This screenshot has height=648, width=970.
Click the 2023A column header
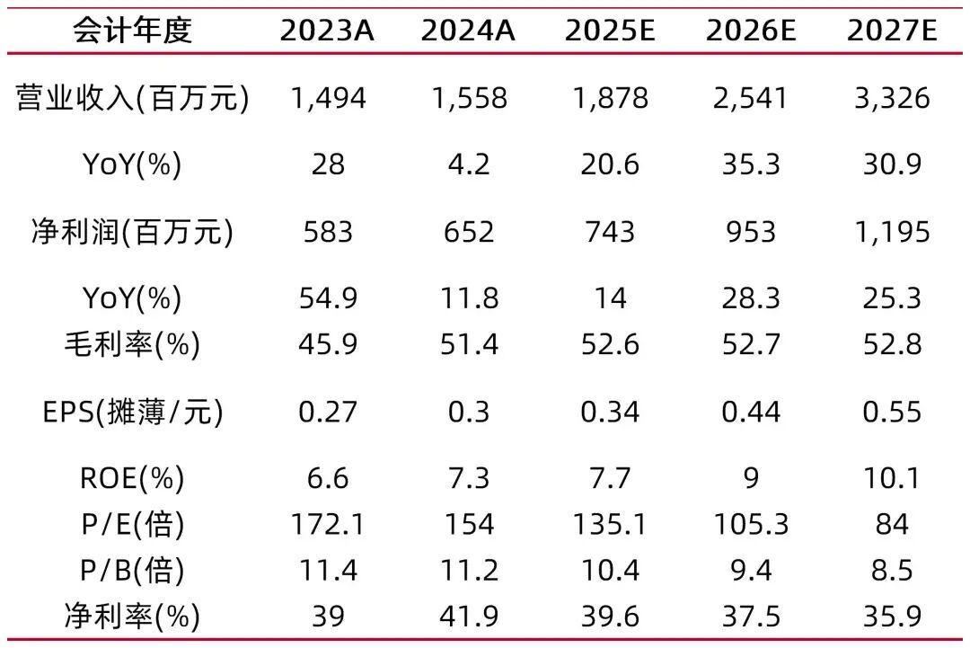coord(328,31)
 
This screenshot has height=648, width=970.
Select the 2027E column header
coord(892,31)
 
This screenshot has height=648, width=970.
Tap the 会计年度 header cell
coord(132,31)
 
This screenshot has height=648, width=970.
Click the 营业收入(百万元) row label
coord(132,98)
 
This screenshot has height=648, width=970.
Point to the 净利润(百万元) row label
coord(132,232)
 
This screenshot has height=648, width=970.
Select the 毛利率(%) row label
coord(132,344)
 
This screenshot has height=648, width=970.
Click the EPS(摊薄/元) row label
coord(132,412)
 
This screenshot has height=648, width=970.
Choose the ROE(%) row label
coord(132,478)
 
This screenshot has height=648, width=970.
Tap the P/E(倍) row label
coord(132,523)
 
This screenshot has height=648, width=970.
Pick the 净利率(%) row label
coord(132,617)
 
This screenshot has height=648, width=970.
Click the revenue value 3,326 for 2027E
coord(892,98)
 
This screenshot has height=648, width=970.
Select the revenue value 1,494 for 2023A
coord(328,98)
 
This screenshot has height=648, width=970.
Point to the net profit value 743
coord(610,232)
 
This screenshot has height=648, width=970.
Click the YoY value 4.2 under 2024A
coord(469,165)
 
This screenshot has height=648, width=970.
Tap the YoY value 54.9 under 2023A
coord(328,298)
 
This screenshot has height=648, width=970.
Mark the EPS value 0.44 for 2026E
coord(751,412)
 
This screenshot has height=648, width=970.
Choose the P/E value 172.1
coord(328,523)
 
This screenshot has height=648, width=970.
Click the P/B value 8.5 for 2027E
coord(892,570)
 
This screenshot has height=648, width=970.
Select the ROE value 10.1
coord(892,478)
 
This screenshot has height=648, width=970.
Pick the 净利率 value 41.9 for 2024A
coord(469,617)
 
